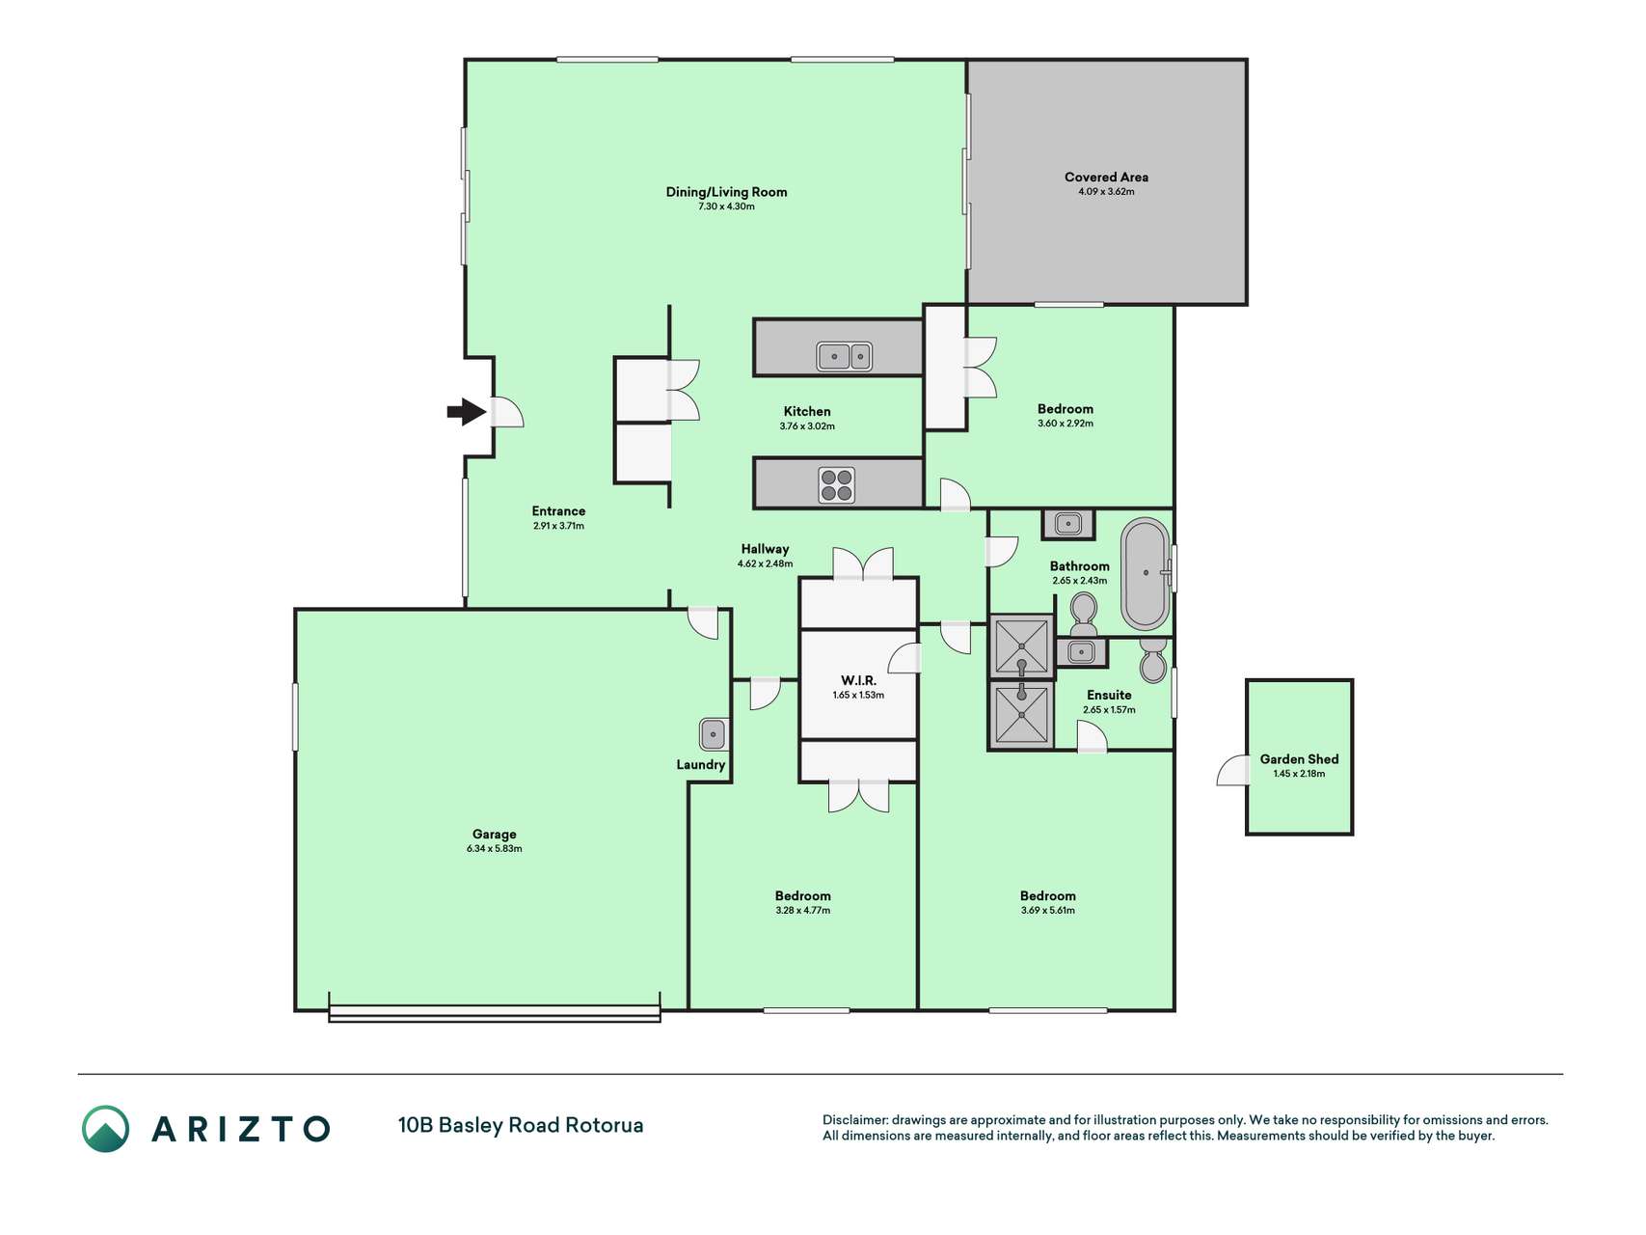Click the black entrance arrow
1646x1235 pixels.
tap(467, 412)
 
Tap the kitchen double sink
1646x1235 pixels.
tap(845, 356)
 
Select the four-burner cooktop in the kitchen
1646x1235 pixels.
tap(837, 485)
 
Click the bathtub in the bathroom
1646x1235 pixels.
tap(1146, 573)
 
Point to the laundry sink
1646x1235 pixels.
tap(714, 734)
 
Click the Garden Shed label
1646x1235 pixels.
tap(1299, 759)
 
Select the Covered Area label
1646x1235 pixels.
tap(1106, 177)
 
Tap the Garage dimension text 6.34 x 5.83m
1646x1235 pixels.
tap(494, 849)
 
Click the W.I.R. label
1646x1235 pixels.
tap(858, 680)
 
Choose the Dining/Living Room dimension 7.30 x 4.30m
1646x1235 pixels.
tap(726, 206)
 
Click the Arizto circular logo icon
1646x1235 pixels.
tap(105, 1129)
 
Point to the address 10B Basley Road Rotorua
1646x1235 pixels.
tap(521, 1125)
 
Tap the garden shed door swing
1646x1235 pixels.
tap(1232, 770)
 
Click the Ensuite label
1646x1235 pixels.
tap(1109, 695)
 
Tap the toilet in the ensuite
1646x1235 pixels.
tap(1153, 659)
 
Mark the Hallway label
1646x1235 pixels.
tap(765, 549)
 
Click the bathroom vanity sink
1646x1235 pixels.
tap(1068, 524)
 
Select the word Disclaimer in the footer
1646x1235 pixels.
tap(854, 1120)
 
